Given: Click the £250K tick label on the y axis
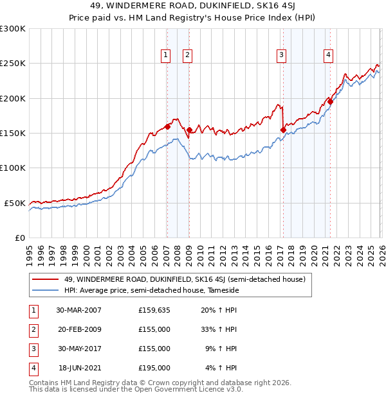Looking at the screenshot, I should click(x=13, y=64).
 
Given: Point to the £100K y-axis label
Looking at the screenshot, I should click(x=13, y=168).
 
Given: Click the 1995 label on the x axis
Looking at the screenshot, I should click(x=30, y=250).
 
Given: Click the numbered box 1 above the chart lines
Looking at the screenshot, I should click(x=167, y=55).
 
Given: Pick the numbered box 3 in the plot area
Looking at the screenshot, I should click(x=282, y=55).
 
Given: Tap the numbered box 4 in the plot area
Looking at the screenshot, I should click(x=328, y=55).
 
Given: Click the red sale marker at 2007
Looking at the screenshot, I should click(x=167, y=126).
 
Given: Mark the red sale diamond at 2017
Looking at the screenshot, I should click(x=283, y=130).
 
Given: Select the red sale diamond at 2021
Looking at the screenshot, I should click(x=330, y=101).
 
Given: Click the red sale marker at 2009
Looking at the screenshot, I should click(x=188, y=130).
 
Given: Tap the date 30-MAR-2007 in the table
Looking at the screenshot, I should click(x=78, y=310).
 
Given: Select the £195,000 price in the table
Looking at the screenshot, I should click(x=154, y=368).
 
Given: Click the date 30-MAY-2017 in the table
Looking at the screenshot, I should click(x=78, y=349).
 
